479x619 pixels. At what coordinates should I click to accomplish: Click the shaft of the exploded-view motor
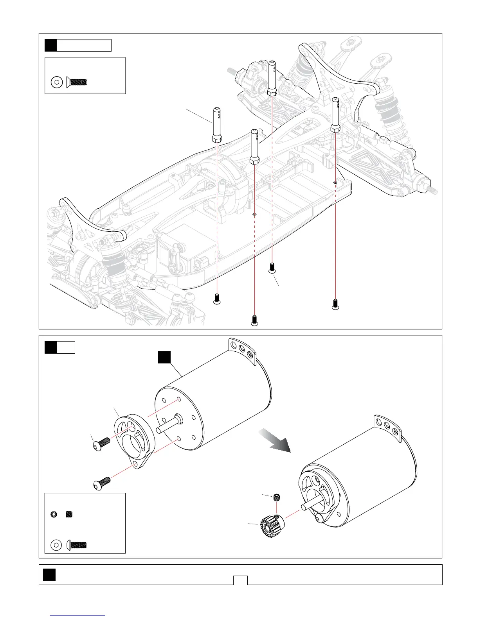(x=168, y=425)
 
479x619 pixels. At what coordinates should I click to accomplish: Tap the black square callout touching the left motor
(x=164, y=357)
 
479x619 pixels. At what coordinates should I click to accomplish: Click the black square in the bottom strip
(x=49, y=574)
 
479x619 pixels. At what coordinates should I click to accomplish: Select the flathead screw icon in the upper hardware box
(x=77, y=82)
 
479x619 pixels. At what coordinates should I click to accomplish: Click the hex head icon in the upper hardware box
(x=57, y=82)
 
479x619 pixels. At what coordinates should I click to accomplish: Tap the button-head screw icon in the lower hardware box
(x=77, y=545)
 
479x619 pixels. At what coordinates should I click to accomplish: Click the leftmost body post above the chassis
(x=217, y=125)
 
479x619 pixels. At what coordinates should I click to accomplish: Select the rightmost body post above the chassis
(x=335, y=115)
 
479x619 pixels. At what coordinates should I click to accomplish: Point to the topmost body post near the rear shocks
(x=272, y=78)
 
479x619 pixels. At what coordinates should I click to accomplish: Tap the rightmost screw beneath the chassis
(x=335, y=304)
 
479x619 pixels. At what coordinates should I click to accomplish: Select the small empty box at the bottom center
(x=240, y=580)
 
